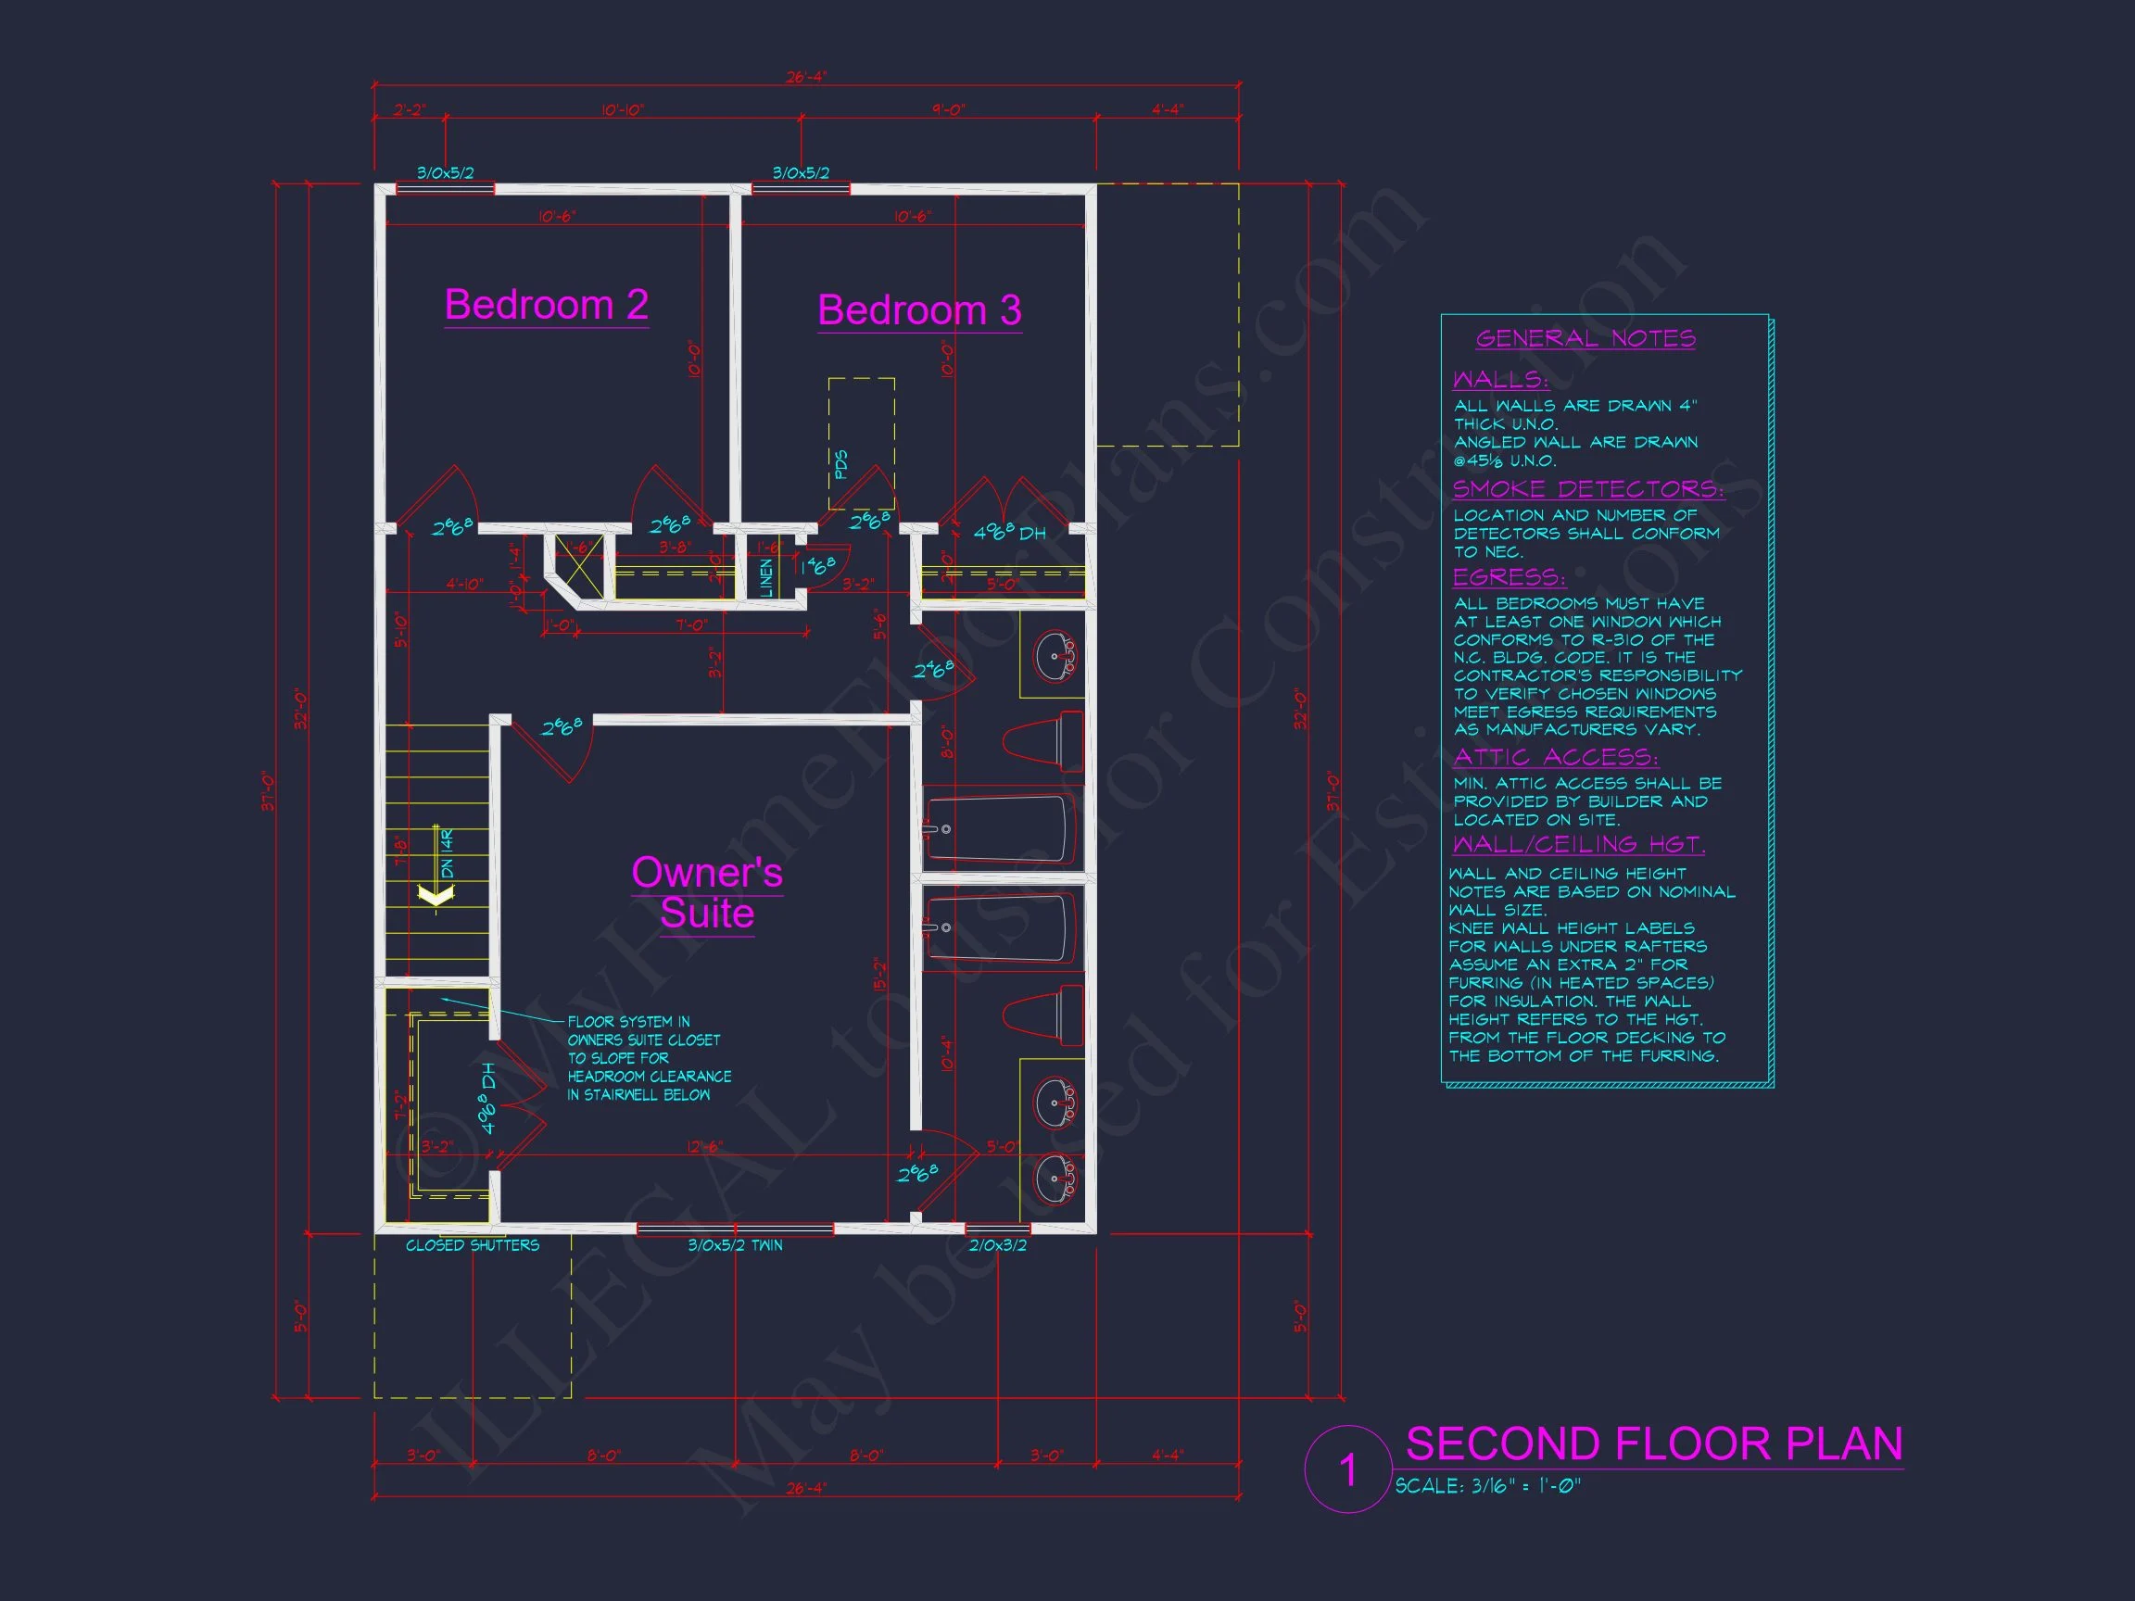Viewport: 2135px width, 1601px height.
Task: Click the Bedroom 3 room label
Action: (x=919, y=310)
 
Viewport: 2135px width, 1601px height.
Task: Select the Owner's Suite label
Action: (x=706, y=892)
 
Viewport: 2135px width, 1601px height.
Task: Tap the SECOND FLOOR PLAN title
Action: (x=1653, y=1444)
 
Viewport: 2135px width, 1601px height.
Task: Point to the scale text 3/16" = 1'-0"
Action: (x=1487, y=1486)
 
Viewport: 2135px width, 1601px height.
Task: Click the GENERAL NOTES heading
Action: (x=1585, y=339)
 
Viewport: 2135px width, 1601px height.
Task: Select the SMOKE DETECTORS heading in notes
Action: (x=1587, y=489)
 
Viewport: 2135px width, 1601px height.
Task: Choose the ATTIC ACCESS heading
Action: (x=1555, y=757)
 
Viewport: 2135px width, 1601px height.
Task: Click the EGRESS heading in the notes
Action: (x=1509, y=577)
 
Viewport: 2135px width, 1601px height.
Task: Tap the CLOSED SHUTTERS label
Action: (x=472, y=1246)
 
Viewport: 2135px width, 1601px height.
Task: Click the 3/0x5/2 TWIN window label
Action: (x=735, y=1246)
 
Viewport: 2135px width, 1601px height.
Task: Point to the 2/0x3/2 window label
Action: (x=997, y=1246)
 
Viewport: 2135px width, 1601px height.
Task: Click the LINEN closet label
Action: (x=766, y=577)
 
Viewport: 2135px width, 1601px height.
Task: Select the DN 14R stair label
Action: (x=447, y=853)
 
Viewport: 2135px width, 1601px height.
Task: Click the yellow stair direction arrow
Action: (x=435, y=896)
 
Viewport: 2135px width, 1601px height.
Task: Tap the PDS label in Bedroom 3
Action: (x=840, y=464)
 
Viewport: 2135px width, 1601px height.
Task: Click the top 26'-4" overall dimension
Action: (x=805, y=77)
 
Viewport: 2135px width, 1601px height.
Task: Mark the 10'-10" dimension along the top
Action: (x=622, y=110)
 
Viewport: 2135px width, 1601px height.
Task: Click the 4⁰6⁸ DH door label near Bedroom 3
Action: (x=1008, y=533)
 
